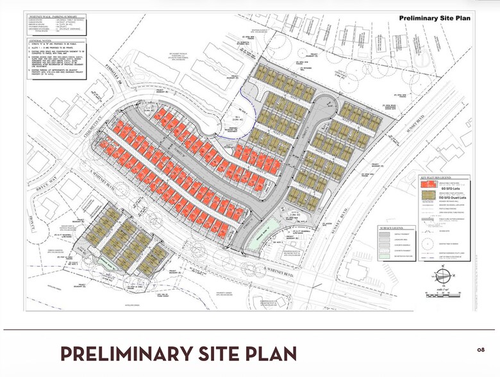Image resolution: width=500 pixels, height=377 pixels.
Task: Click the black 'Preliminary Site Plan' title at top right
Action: [x=435, y=18]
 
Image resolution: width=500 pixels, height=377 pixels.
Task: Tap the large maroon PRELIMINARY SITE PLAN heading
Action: [x=179, y=353]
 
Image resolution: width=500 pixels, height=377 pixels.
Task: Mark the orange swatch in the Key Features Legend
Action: [x=424, y=185]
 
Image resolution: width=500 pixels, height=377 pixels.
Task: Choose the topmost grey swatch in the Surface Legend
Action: [x=385, y=235]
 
